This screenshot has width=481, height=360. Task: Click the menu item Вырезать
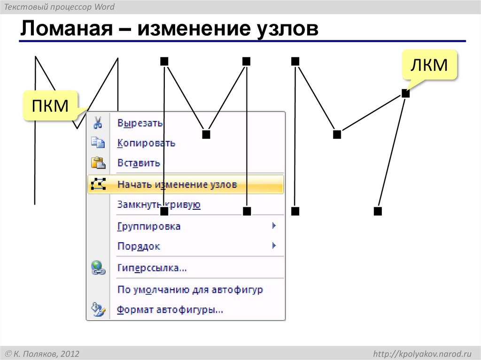pos(140,123)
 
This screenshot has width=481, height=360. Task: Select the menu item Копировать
pos(146,143)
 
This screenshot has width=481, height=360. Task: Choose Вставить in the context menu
pos(139,163)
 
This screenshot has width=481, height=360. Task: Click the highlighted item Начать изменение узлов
pos(177,184)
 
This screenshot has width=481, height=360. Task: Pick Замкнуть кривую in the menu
pos(159,205)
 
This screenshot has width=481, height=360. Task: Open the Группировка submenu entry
pos(148,226)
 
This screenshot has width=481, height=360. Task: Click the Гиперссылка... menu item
pos(152,268)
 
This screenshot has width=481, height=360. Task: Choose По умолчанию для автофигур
pos(190,290)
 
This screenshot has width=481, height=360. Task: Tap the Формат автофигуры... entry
pos(170,310)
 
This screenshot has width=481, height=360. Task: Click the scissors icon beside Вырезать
pos(98,123)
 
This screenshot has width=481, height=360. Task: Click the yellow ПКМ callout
pos(50,106)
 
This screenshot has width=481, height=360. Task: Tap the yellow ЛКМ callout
pos(429,65)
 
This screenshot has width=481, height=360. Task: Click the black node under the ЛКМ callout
pos(406,93)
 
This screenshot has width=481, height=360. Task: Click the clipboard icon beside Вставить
pos(98,163)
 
